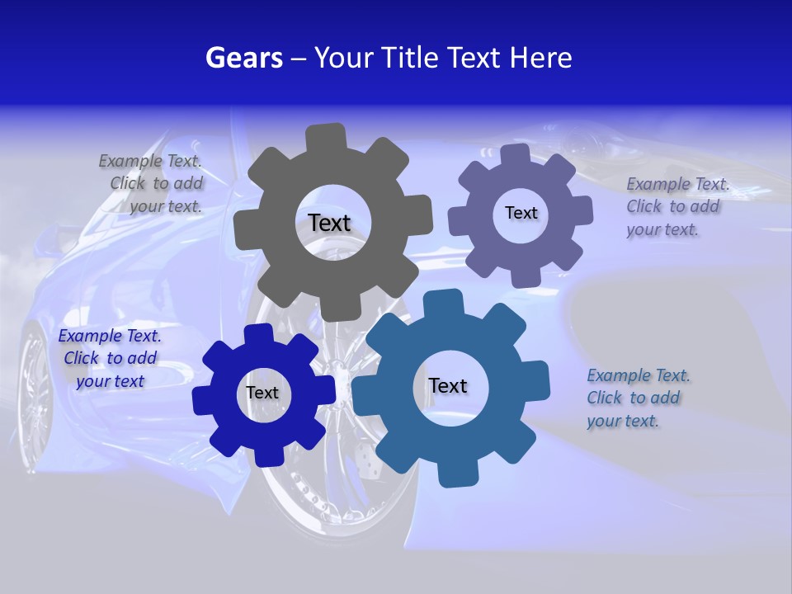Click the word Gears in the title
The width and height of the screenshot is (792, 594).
tap(243, 58)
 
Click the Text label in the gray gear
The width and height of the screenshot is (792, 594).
tap(329, 223)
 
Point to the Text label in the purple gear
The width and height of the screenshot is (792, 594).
tap(521, 213)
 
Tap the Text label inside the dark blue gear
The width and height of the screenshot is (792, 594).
tap(262, 393)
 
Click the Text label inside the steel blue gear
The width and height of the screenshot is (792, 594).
tap(447, 385)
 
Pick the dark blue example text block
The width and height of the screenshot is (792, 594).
tap(110, 359)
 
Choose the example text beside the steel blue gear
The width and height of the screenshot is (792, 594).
tap(635, 398)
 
